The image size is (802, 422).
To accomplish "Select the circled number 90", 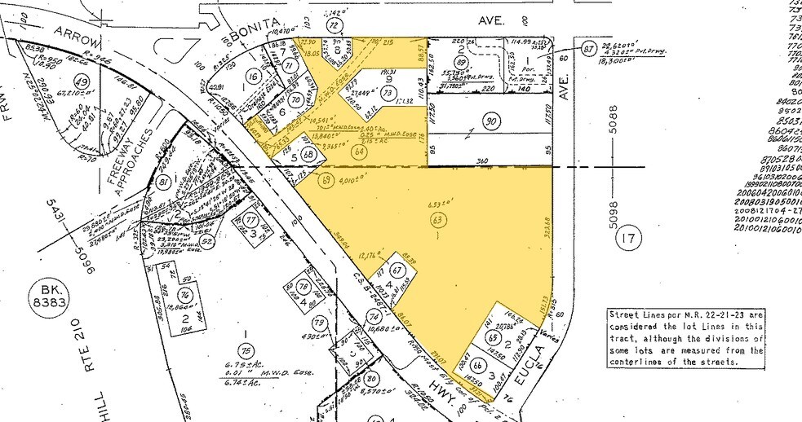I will point(491,123).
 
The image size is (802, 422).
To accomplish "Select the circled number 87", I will point(588,50).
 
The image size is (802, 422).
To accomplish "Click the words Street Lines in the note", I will point(640,313).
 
